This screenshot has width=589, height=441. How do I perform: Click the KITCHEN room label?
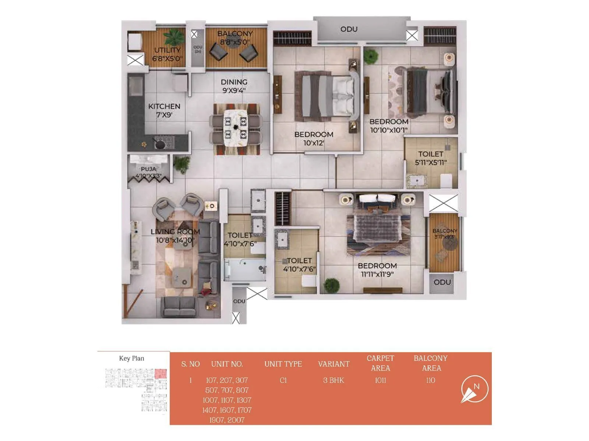point(164,110)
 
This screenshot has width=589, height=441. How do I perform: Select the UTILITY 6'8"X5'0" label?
point(167,54)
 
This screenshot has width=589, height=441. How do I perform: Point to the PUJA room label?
point(148,172)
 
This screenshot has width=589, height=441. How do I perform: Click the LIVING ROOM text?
point(175,236)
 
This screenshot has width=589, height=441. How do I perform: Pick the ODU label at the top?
point(349,29)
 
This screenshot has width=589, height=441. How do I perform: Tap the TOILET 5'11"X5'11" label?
point(431,158)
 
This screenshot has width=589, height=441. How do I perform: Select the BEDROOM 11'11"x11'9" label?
point(377,270)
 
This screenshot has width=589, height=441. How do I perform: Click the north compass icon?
point(475,389)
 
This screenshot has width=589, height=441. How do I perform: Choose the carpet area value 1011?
point(380,380)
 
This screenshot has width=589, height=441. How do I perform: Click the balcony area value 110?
point(430,380)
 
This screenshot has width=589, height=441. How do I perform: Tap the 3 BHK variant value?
point(334,380)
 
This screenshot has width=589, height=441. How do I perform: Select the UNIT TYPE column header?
point(283,364)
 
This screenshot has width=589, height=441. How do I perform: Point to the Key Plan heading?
point(131,358)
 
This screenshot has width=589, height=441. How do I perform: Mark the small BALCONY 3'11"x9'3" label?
point(445,234)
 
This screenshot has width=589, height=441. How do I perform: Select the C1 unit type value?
point(283,380)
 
